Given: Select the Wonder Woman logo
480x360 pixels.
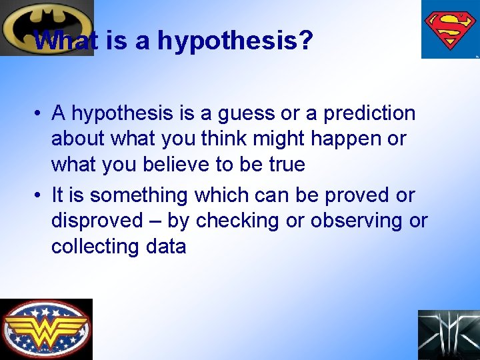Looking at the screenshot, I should (46, 329).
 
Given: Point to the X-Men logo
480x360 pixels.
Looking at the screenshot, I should (449, 335).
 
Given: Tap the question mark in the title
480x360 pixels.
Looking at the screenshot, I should (305, 40).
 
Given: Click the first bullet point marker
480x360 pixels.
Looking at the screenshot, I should (39, 114).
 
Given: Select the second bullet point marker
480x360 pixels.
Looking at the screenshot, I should (39, 196).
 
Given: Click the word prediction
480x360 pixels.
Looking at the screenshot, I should (369, 114).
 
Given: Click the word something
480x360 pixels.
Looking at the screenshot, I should (139, 196).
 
